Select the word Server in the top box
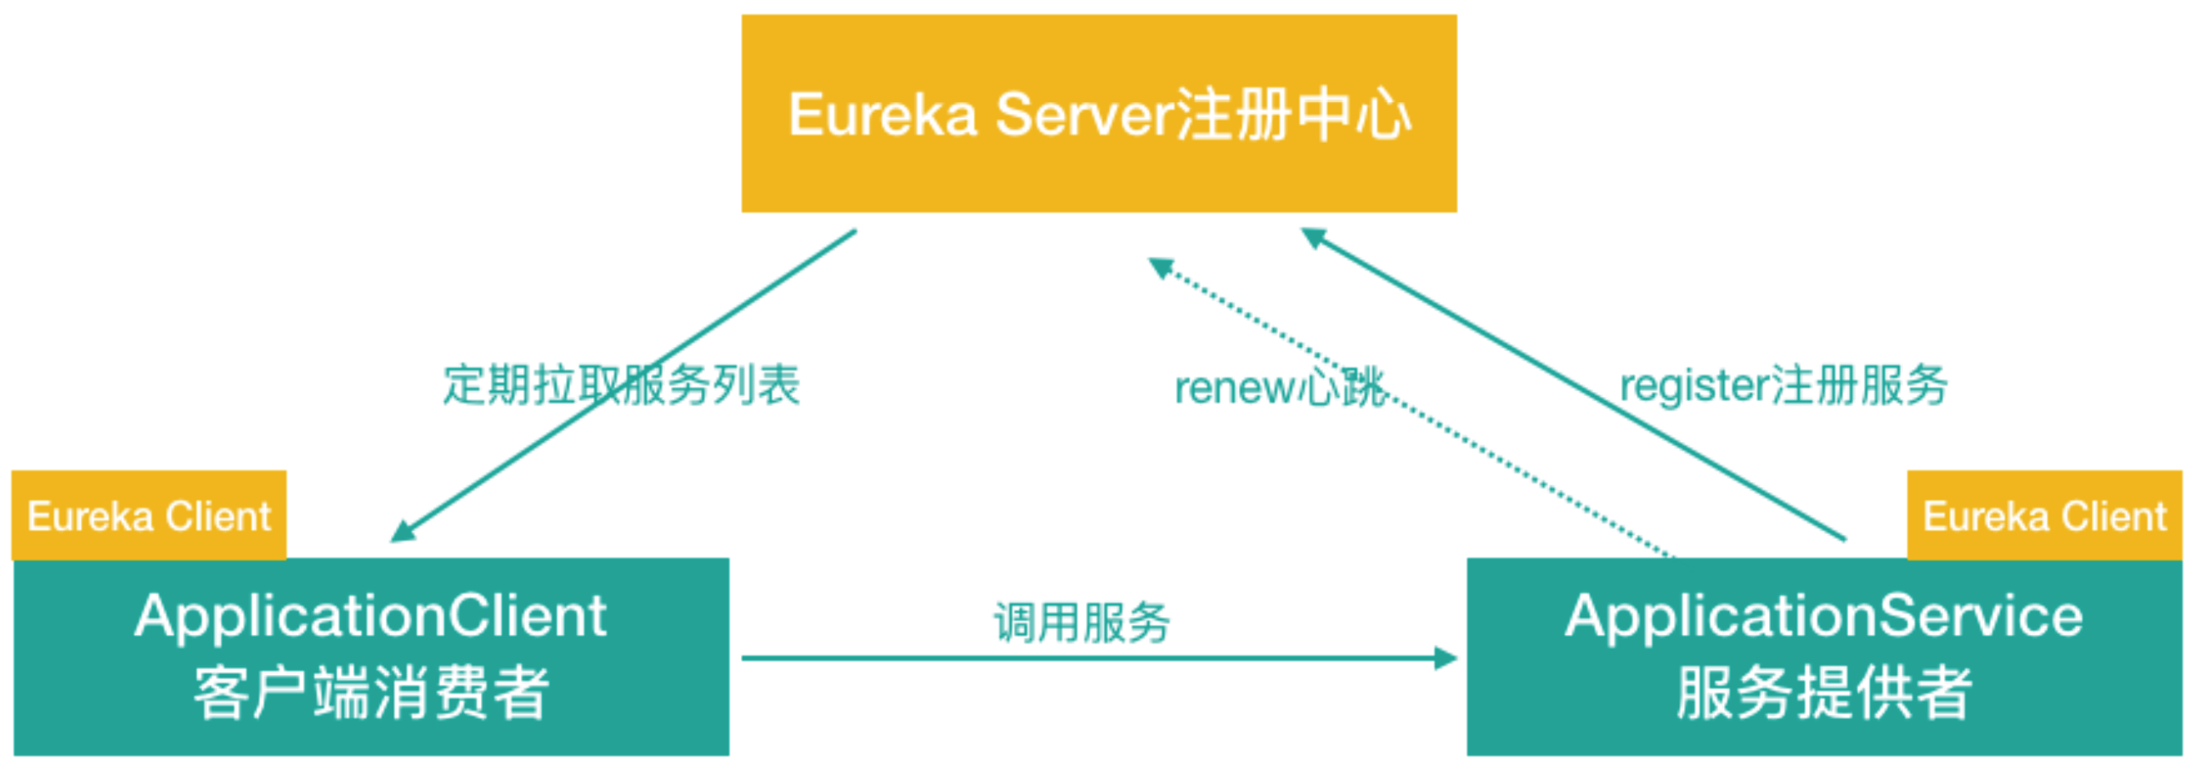1084,116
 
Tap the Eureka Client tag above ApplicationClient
149,516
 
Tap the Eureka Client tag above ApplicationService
2044,516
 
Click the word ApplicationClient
370,615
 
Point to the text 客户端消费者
370,693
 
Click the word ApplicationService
1823,615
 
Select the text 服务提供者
1823,693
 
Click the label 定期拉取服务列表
620,385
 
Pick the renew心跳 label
1278,388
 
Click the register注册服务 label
1784,385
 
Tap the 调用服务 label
1081,622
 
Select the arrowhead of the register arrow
1312,236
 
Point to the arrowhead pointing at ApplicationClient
401,532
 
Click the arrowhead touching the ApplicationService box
1446,658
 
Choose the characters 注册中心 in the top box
1293,116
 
